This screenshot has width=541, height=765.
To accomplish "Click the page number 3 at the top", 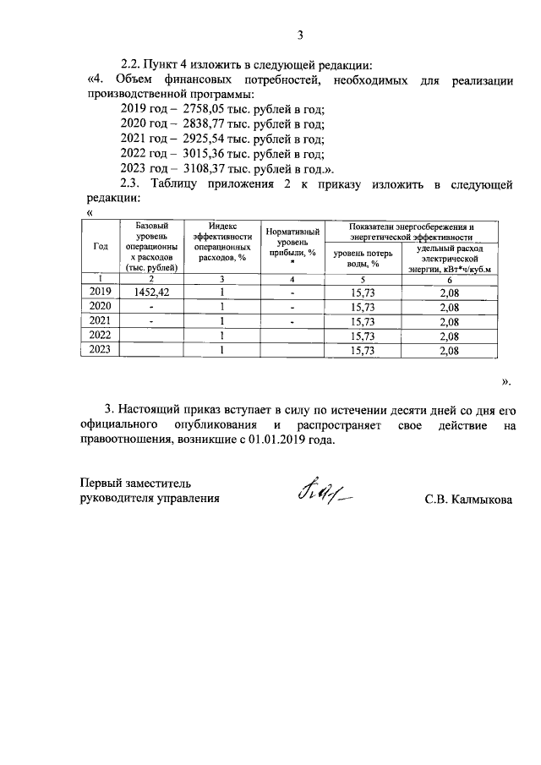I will [x=299, y=35].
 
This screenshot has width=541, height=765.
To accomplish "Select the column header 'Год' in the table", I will [x=100, y=246].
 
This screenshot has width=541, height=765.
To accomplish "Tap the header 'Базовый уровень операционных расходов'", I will [x=151, y=246].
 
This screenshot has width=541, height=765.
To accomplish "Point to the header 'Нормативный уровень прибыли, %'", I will [x=291, y=246].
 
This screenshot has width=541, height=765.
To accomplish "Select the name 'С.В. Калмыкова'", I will [x=469, y=500].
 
